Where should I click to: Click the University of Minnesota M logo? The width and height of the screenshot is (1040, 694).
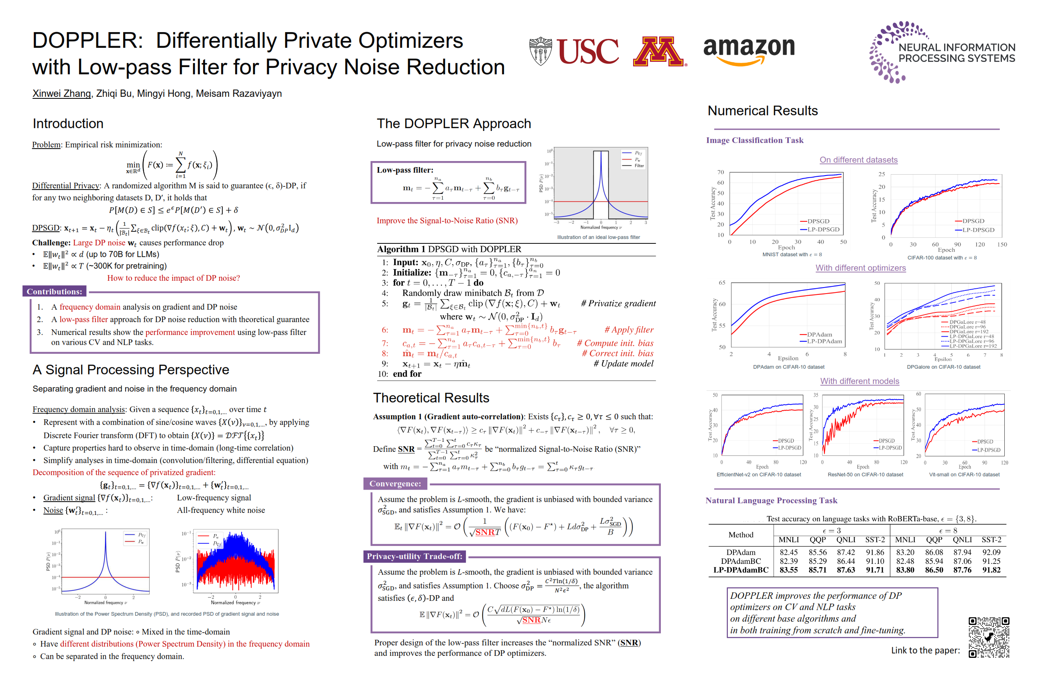click(x=658, y=51)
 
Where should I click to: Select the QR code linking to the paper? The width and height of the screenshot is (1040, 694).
click(x=989, y=637)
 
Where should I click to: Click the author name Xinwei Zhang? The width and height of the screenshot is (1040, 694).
click(x=61, y=94)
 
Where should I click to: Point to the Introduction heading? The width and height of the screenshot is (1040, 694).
click(x=68, y=123)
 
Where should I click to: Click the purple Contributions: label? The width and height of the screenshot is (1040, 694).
click(x=55, y=291)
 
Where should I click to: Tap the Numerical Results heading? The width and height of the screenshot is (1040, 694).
click(x=762, y=111)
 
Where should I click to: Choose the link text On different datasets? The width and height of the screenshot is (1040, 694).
click(x=858, y=160)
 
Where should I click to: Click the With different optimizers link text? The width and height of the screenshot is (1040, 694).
click(x=861, y=268)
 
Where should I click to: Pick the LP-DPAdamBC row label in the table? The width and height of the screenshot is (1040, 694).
click(x=741, y=570)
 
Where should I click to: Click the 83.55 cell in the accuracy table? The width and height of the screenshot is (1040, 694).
click(x=788, y=570)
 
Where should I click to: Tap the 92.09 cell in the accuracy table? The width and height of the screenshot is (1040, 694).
click(x=991, y=552)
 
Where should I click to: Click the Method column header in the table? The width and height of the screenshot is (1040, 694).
click(x=741, y=535)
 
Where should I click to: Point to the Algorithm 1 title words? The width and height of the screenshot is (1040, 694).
click(x=449, y=249)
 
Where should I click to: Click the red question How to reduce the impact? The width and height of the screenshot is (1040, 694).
click(x=173, y=278)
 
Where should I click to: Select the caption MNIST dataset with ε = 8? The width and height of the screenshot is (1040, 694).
click(x=792, y=255)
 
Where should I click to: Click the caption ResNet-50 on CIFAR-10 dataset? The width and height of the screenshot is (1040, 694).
click(x=865, y=474)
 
